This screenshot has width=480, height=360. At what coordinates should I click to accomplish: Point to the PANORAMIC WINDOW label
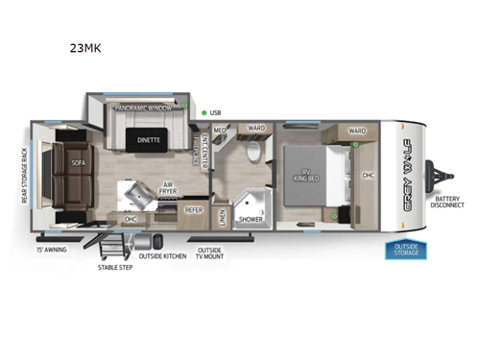point(143,109)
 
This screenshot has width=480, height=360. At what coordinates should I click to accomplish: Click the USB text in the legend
point(217,112)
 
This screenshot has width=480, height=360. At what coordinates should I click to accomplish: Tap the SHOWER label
point(252,219)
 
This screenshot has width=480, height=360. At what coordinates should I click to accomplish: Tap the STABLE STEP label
point(115,266)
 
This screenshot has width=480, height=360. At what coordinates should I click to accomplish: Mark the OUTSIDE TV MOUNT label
point(210,254)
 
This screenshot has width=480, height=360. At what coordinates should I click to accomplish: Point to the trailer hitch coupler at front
point(444,177)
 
